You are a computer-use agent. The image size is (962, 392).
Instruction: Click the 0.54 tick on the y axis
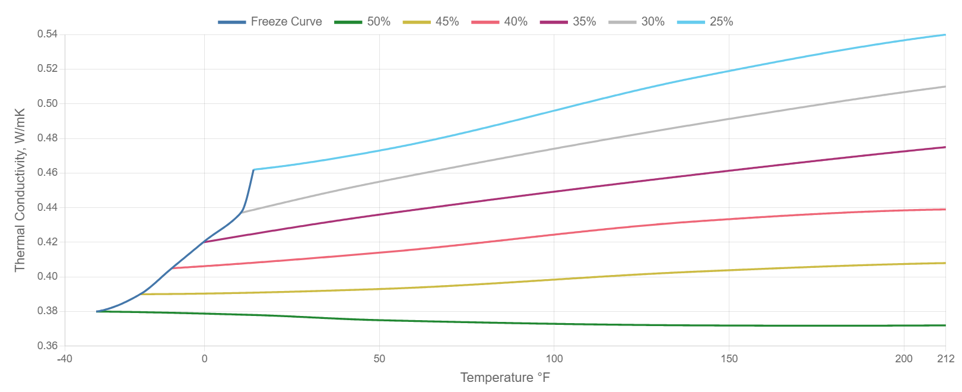click(47, 34)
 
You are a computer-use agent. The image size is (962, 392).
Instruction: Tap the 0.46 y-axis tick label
click(47, 172)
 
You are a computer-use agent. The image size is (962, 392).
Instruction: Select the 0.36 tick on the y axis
click(47, 346)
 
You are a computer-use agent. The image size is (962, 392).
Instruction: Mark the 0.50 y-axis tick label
click(47, 103)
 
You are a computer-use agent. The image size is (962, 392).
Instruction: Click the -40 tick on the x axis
click(64, 359)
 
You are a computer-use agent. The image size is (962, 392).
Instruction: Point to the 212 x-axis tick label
click(945, 359)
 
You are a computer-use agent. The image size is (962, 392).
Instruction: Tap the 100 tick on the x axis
click(554, 359)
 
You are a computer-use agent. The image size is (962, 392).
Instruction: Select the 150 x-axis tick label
click(729, 359)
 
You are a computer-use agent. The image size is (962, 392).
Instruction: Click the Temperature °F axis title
click(505, 378)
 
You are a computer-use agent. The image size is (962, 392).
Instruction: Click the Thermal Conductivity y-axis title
click(20, 190)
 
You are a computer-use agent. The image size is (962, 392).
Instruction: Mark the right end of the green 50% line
click(945, 325)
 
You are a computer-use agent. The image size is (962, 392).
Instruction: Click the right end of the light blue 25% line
click(945, 34)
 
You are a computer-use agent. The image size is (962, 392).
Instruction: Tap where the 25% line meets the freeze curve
click(254, 170)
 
